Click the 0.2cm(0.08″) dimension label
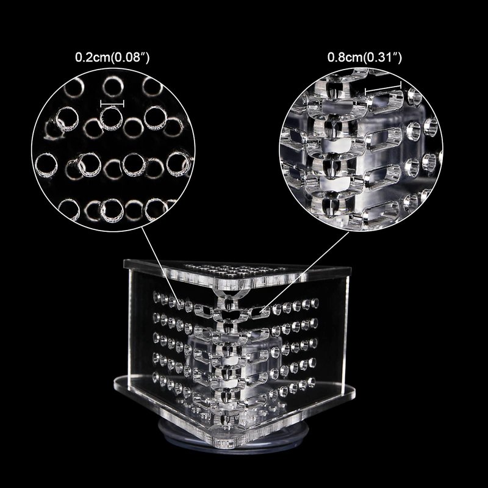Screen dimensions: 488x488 click(112, 57)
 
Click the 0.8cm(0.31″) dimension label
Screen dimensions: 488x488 click(364, 57)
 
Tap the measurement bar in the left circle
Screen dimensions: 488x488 click(112, 103)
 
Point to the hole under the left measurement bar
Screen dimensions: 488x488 click(111, 118)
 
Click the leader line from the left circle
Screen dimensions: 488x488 click(161, 264)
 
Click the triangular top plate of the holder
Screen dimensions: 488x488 click(237, 273)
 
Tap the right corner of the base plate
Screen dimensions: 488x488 click(352, 393)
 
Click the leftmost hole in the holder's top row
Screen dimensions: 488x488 click(157, 297)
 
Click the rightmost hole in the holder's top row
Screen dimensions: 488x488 click(315, 303)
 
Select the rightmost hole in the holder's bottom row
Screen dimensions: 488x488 click(311, 382)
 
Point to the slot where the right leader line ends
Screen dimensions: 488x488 click(259, 312)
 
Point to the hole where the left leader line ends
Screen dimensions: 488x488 click(180, 304)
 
